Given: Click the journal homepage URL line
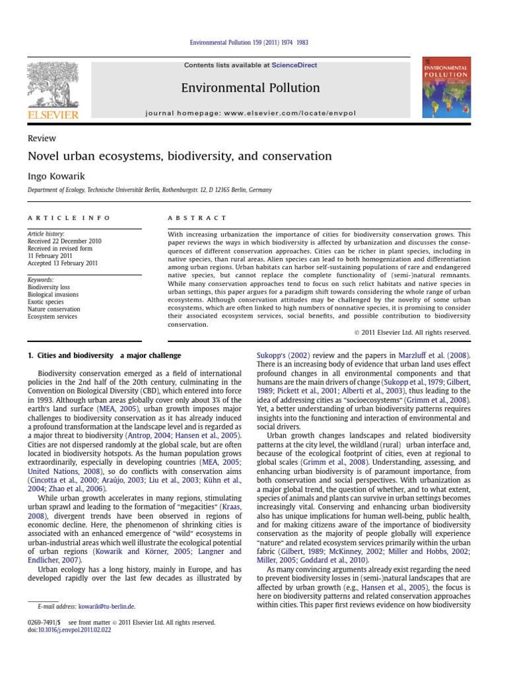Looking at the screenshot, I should tap(250, 113).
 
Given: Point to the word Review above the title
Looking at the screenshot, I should tap(42, 139).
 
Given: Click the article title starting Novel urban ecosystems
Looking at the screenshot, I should tap(179, 156).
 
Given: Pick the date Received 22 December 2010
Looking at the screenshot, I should tap(64, 242).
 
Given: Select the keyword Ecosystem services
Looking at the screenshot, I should tap(52, 316).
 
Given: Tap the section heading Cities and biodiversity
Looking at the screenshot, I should tap(104, 356).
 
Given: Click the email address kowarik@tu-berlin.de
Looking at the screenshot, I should tap(106, 605).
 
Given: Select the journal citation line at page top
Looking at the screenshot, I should tap(249, 43).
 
